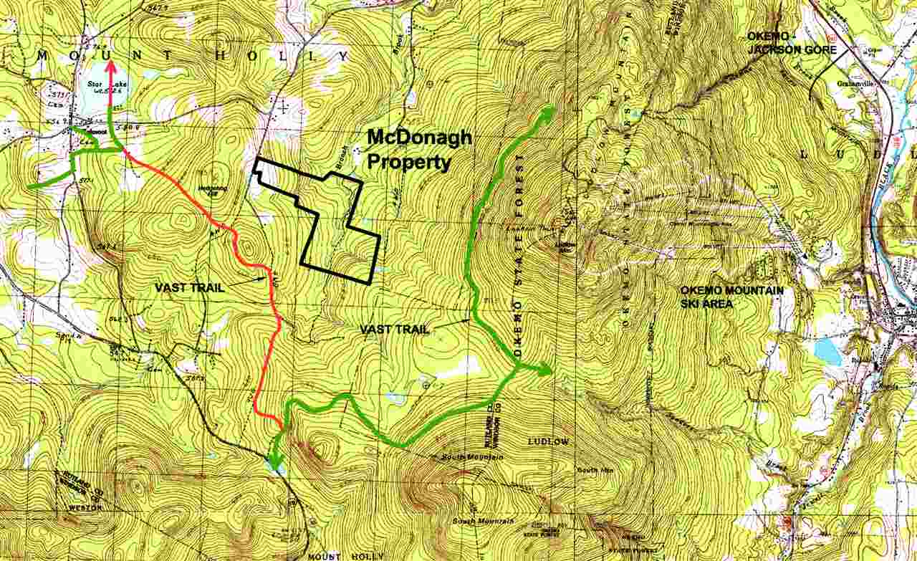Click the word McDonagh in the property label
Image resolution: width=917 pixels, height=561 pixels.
419,138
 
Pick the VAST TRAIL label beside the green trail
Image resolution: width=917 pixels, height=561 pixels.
395,329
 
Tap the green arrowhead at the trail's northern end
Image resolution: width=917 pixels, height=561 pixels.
549,110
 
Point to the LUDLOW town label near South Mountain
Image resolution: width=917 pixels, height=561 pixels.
549,442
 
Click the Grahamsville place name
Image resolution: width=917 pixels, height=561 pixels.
851,82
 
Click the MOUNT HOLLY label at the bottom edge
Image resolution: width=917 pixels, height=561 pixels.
346,556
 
